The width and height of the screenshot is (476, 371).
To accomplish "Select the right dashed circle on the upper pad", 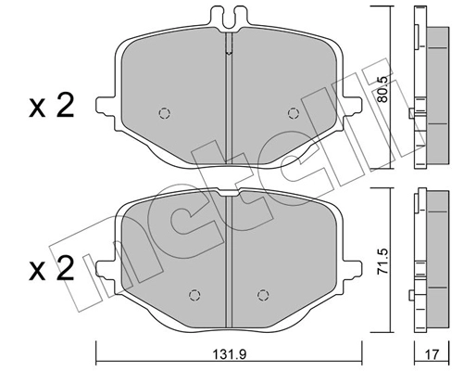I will pyautogui.click(x=294, y=113).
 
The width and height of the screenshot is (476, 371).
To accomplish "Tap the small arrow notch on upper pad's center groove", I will pyautogui.click(x=229, y=56).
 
